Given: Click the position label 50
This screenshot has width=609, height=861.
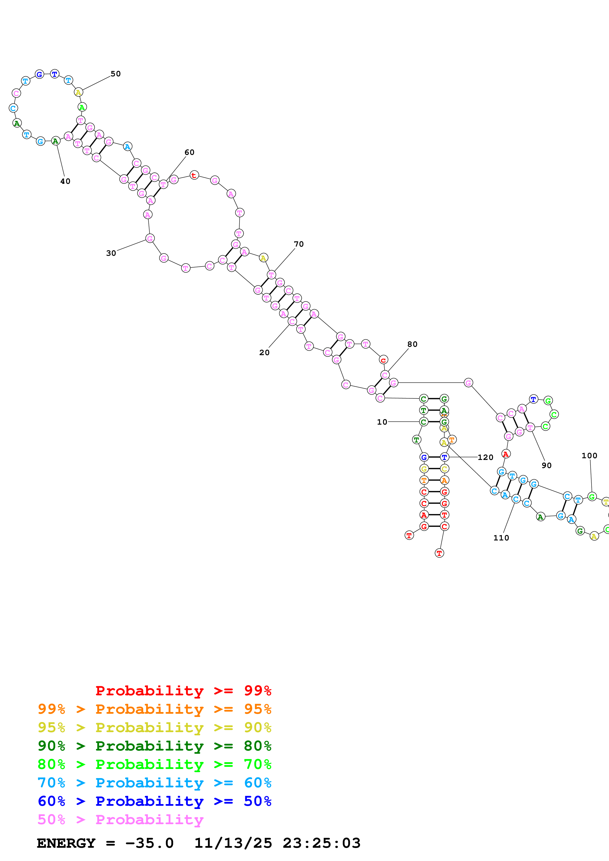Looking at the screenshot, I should pyautogui.click(x=115, y=74).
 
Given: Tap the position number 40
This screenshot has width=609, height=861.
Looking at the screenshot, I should pyautogui.click(x=65, y=181).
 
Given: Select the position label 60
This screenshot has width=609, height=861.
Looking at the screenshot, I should pyautogui.click(x=189, y=152).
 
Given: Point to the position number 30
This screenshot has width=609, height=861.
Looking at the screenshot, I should pyautogui.click(x=111, y=253).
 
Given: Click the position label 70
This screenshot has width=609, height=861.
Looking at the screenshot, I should pyautogui.click(x=299, y=244).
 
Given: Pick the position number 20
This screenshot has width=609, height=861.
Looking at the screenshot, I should pyautogui.click(x=265, y=352).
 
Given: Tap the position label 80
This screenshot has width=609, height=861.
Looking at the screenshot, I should pyautogui.click(x=412, y=344).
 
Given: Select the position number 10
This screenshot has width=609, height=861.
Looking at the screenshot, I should pyautogui.click(x=382, y=422).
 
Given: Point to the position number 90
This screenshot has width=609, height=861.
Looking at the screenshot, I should pyautogui.click(x=547, y=465).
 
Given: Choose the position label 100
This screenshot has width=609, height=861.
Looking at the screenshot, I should pyautogui.click(x=589, y=456).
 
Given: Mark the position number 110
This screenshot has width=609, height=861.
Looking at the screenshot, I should pyautogui.click(x=501, y=538).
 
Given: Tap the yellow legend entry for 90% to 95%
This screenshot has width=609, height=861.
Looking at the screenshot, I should pyautogui.click(x=154, y=727).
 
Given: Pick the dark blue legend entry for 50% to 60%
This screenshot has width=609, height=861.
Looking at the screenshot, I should pyautogui.click(x=154, y=801).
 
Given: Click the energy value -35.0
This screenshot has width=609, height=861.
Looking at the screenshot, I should pyautogui.click(x=149, y=843).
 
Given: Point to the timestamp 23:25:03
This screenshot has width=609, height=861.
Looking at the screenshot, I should pyautogui.click(x=322, y=843).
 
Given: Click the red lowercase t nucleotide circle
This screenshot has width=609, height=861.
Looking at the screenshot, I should pyautogui.click(x=194, y=175).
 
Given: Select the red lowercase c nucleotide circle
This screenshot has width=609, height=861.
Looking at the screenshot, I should pyautogui.click(x=383, y=360).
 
